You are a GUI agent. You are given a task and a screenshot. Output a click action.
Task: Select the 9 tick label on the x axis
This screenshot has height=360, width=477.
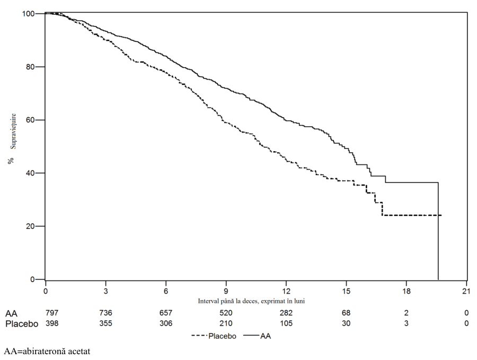(x=226, y=291)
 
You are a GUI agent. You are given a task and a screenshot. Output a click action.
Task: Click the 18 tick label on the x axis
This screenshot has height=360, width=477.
(x=407, y=291)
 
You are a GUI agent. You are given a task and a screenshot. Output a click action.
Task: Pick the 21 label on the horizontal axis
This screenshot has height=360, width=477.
(x=466, y=291)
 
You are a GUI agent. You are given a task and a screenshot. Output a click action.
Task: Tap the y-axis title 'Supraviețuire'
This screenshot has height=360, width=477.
(x=13, y=131)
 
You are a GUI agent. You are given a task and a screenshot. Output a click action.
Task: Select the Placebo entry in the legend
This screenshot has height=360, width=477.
(x=214, y=336)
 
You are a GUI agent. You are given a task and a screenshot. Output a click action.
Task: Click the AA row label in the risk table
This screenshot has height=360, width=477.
(x=11, y=313)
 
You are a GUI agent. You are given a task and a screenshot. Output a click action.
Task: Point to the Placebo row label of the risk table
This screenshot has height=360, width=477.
(x=22, y=323)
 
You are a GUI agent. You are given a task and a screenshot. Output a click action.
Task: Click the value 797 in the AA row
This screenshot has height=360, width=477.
(x=52, y=313)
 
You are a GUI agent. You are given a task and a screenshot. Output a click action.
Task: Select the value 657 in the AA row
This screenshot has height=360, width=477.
(x=166, y=313)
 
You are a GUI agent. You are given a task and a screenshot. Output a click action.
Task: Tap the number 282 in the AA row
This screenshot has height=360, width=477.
(x=286, y=313)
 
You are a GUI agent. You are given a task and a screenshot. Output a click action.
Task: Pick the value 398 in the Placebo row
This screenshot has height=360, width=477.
(x=52, y=323)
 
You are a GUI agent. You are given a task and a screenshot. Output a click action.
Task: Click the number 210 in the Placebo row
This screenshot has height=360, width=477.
(x=226, y=323)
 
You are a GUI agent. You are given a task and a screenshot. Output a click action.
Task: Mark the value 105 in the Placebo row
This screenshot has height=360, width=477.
(x=286, y=323)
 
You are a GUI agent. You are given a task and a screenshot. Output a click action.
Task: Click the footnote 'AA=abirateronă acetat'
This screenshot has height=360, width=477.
(x=47, y=352)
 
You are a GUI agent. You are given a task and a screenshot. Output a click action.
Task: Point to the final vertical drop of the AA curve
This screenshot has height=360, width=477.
(x=438, y=231)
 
